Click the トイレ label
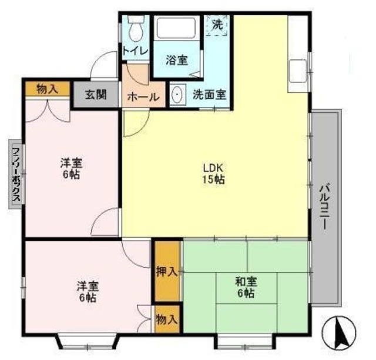click(x=135, y=51)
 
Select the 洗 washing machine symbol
click(x=218, y=25)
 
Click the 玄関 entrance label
click(x=95, y=94)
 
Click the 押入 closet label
click(x=167, y=272)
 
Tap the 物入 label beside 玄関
click(x=48, y=89)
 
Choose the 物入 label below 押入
click(x=167, y=319)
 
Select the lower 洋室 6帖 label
click(x=88, y=292)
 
